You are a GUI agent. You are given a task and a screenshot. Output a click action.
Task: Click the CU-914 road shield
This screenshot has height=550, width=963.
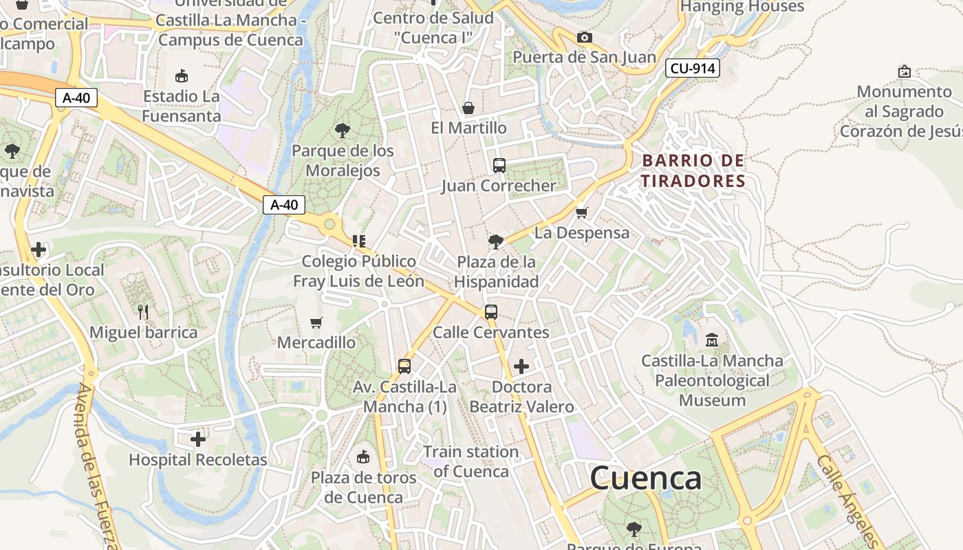(x=692, y=68)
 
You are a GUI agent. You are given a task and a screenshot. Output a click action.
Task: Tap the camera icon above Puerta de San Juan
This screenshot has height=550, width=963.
(x=584, y=37)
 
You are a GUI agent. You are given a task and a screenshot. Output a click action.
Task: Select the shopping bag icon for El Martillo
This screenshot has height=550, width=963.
(x=468, y=107)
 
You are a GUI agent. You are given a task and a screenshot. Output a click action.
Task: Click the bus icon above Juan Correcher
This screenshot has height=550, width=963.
(x=499, y=165)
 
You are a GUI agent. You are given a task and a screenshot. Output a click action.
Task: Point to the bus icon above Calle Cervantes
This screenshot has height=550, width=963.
(x=490, y=311)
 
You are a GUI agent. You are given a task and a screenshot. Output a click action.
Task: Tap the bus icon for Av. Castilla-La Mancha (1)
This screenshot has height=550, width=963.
(x=404, y=366)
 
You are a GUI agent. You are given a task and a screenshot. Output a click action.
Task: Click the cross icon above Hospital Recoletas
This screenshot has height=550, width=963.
(x=198, y=439)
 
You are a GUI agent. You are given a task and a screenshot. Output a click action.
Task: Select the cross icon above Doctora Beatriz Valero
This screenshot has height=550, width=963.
(x=521, y=366)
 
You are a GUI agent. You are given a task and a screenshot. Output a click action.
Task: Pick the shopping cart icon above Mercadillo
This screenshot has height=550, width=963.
(x=316, y=322)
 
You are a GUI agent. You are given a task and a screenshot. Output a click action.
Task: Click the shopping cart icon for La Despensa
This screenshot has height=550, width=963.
(x=582, y=212)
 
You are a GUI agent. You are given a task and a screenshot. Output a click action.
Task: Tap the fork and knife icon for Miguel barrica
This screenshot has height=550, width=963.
(x=143, y=311)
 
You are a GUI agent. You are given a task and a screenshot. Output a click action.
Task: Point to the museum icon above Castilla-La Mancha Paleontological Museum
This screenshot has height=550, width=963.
(x=712, y=340)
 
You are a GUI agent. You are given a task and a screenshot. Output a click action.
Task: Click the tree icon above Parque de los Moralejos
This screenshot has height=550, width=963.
(x=342, y=130)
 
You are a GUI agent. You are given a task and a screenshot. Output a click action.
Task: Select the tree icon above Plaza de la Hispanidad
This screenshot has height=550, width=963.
(x=495, y=241)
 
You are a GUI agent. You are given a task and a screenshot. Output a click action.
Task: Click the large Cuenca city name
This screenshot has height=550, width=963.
(x=645, y=478)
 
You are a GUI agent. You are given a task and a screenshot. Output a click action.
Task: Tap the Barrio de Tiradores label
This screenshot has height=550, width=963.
(x=693, y=170)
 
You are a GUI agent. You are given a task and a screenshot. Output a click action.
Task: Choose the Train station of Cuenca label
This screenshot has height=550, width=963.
(x=471, y=461)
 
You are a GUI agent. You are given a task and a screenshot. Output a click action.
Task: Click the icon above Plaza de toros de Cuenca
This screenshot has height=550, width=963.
(x=363, y=456)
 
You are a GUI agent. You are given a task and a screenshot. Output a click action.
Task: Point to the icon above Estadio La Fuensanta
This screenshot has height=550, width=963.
(x=182, y=75)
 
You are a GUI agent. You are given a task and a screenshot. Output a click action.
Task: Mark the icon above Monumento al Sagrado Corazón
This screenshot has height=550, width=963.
(x=905, y=71)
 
